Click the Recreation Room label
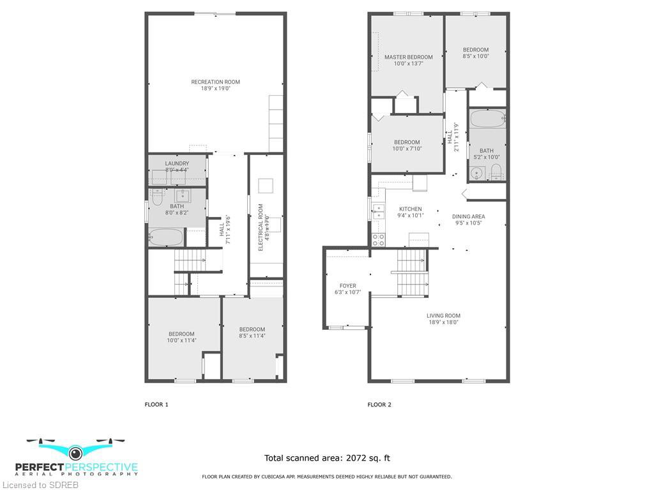click(x=216, y=82)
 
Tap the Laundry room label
click(x=177, y=164)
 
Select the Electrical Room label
click(x=261, y=227)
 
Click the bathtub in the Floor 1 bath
click(x=166, y=237)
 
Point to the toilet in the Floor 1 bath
click(x=157, y=198)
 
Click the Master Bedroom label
click(x=408, y=57)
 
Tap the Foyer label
click(x=348, y=286)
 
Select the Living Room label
click(x=443, y=316)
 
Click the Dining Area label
click(x=468, y=217)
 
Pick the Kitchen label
click(x=411, y=209)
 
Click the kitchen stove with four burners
click(x=379, y=240)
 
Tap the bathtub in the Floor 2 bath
click(x=487, y=119)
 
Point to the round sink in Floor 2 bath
click(x=476, y=172)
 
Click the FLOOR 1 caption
click(x=156, y=405)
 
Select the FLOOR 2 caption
click(x=379, y=405)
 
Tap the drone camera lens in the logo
click(x=75, y=452)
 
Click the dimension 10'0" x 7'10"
click(x=407, y=149)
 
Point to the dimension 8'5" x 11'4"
click(x=252, y=336)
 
